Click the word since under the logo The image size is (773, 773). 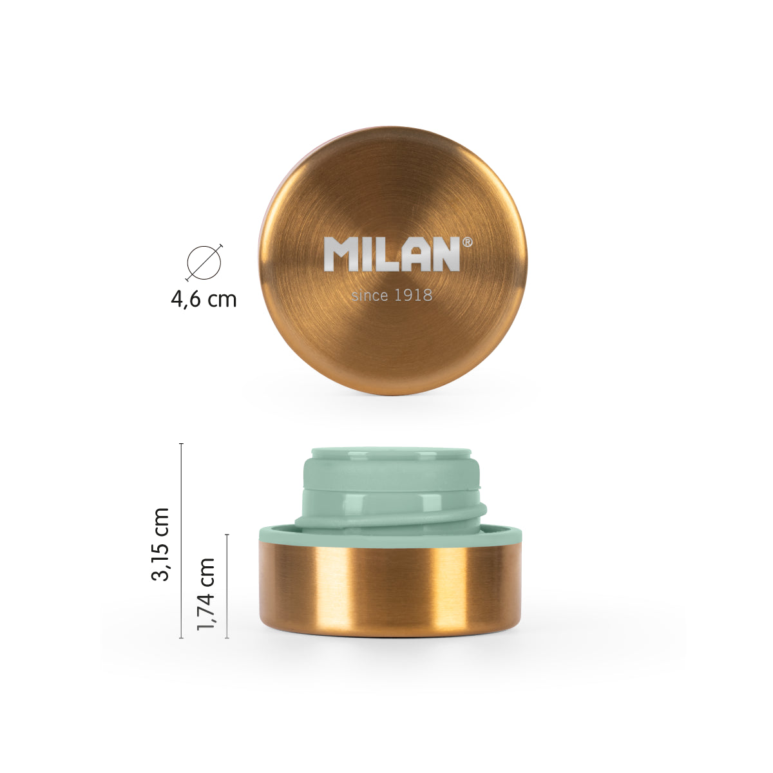coord(370,296)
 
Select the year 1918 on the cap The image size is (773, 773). coord(412,296)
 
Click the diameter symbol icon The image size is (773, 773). coord(204,262)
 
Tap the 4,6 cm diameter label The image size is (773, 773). coord(204,299)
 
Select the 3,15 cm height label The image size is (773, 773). coord(160,544)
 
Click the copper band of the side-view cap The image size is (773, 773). coord(389,586)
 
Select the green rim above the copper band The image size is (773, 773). coord(389,533)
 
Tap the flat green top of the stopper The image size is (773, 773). coord(390,453)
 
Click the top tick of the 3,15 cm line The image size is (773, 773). coord(181,444)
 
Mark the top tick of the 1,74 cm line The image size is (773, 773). coord(227,535)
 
